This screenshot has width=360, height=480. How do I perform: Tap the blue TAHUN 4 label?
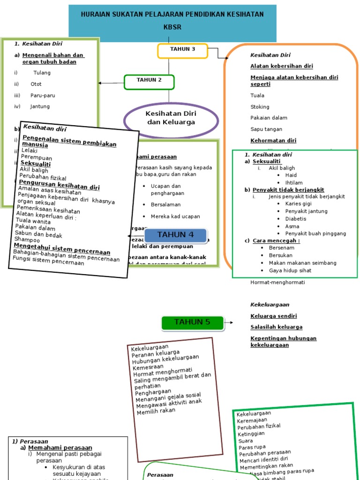coord(175,235)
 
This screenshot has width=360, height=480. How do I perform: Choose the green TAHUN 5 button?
coord(192,322)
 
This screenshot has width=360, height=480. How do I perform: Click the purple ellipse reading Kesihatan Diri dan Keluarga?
coord(171,118)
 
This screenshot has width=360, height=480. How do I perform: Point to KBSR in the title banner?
coord(172,28)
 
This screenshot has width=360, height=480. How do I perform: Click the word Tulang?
coord(42,73)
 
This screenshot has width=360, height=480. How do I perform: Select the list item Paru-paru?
coord(43,96)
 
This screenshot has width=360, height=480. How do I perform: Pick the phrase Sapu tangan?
coord(266,129)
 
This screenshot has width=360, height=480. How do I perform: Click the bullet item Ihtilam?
coord(293,183)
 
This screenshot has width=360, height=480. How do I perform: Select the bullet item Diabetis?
coord(295,219)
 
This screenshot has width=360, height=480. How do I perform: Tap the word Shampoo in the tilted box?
coord(27,239)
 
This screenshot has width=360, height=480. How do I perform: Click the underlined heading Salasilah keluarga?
coord(276,327)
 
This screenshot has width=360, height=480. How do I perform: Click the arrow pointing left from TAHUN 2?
coord(112,83)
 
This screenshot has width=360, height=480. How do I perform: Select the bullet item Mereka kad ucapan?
coord(175,217)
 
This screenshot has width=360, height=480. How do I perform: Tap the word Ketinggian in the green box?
coord(252,434)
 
